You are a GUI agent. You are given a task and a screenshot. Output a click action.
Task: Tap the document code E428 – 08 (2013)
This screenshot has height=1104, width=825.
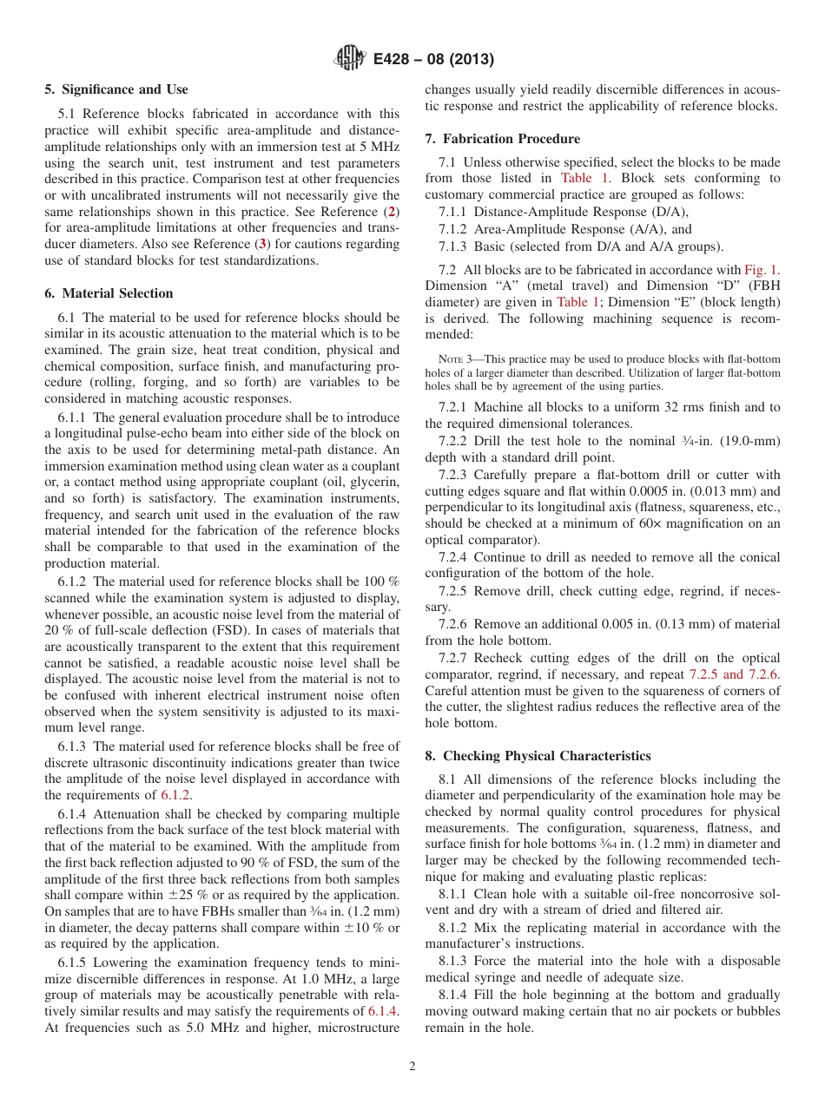point(433,60)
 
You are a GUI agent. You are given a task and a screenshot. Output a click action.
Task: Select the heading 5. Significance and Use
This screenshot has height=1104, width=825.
point(115,89)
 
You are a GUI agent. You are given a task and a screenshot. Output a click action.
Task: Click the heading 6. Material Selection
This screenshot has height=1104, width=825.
point(109,293)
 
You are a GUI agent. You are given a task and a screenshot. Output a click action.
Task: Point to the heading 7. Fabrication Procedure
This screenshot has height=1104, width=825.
point(502,139)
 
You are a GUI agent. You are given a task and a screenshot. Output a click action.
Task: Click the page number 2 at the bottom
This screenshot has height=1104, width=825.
point(412,1066)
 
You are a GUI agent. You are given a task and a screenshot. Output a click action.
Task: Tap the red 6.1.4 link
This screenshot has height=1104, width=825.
point(383,1012)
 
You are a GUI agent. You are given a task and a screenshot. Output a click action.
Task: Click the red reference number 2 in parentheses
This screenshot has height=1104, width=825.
point(392,213)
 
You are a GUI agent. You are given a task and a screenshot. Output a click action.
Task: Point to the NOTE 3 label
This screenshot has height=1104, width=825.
point(459,359)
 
